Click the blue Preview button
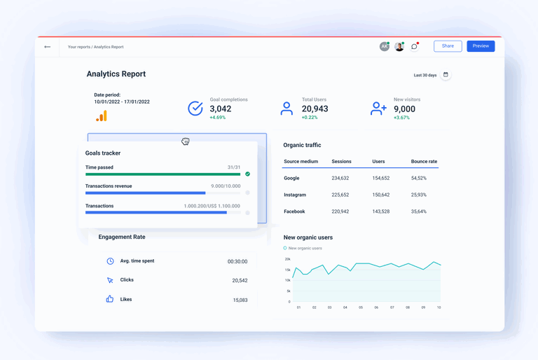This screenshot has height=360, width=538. (x=481, y=46)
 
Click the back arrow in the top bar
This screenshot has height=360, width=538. (x=48, y=47)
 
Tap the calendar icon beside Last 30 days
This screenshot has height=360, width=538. (x=446, y=75)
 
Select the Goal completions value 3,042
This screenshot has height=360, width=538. (x=220, y=109)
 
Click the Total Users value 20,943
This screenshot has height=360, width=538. (x=315, y=109)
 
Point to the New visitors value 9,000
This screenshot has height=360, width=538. (x=404, y=109)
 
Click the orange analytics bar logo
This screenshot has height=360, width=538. (x=102, y=116)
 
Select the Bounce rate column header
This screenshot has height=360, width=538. (x=424, y=162)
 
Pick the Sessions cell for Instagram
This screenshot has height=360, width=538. (x=340, y=195)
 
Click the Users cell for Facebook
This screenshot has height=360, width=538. (x=381, y=212)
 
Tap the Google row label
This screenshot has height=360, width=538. (x=291, y=178)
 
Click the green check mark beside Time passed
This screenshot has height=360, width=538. (x=247, y=174)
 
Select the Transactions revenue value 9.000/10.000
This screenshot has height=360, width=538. (x=226, y=186)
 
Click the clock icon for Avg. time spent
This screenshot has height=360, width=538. (x=110, y=261)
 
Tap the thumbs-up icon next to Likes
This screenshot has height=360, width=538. (x=110, y=299)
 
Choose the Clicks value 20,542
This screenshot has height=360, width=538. (x=240, y=280)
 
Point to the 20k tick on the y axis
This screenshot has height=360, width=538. (x=287, y=259)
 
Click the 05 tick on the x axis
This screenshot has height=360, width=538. (x=361, y=307)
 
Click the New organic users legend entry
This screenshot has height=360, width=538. (x=303, y=248)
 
